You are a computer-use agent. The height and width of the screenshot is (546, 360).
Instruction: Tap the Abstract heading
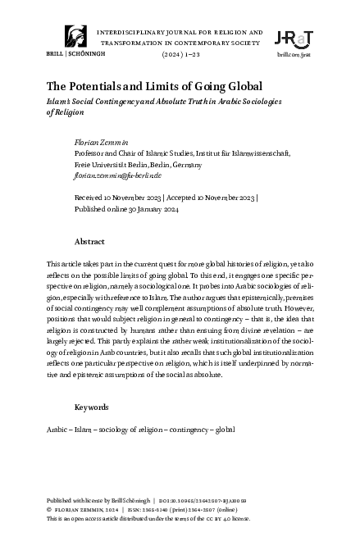pyautogui.click(x=89, y=243)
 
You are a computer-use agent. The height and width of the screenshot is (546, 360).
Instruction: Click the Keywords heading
pyautogui.click(x=92, y=407)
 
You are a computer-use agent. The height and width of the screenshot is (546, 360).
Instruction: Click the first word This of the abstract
pyautogui.click(x=55, y=266)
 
